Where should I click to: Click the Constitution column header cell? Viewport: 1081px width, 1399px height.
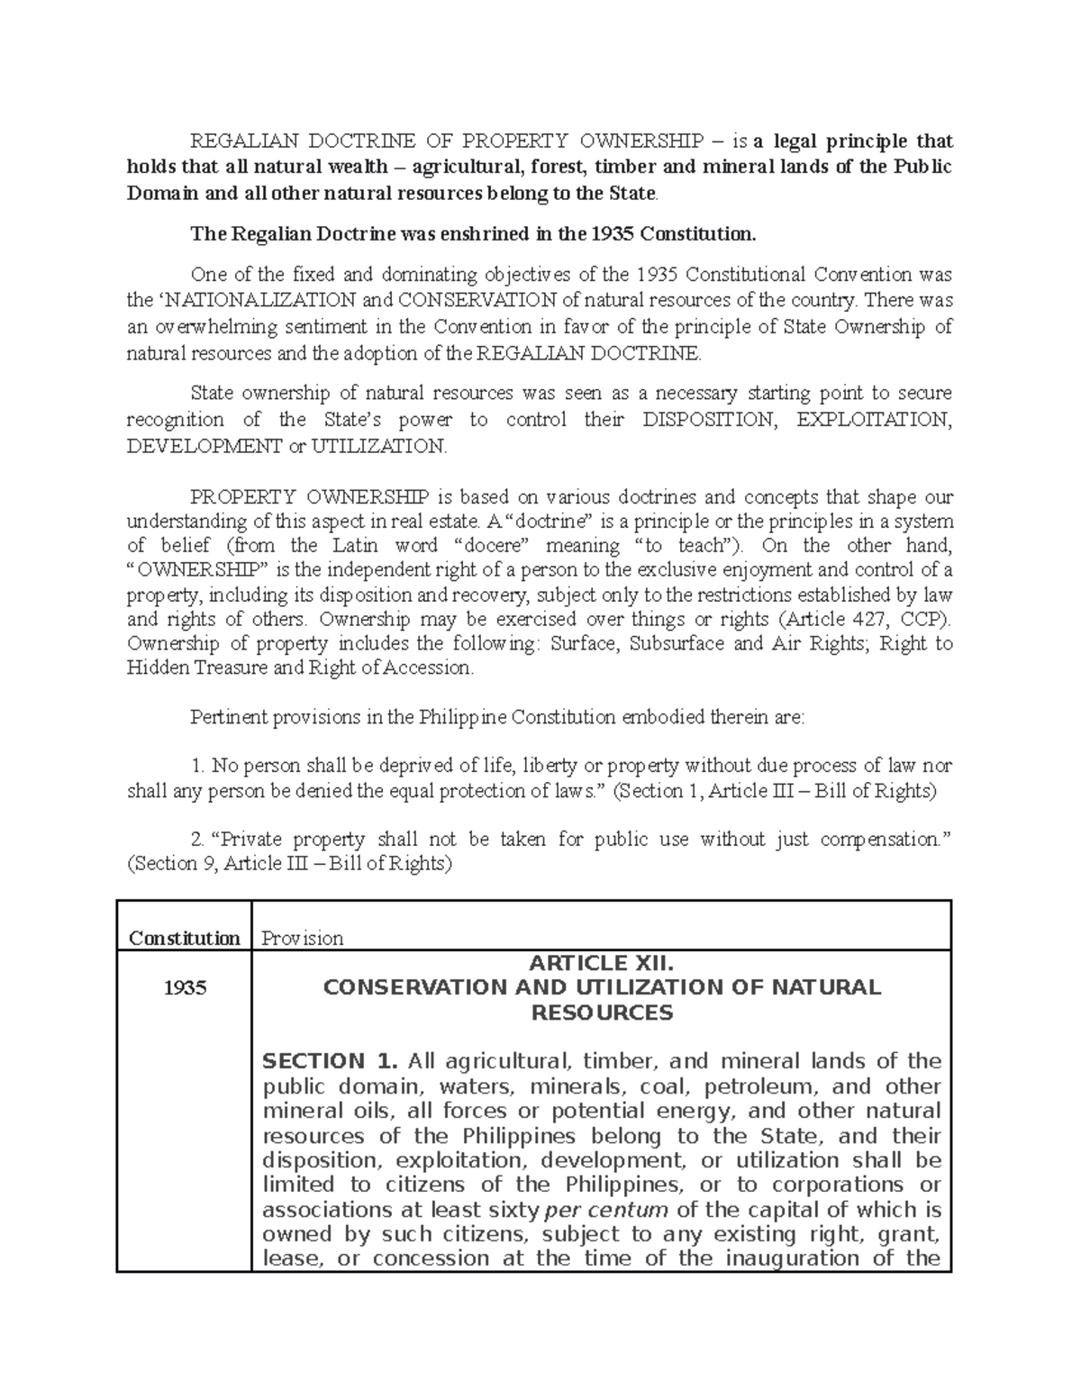click(184, 938)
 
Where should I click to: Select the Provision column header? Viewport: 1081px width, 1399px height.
click(302, 938)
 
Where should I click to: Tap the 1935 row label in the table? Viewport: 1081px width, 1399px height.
click(184, 987)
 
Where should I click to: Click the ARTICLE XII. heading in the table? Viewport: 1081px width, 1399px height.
click(601, 963)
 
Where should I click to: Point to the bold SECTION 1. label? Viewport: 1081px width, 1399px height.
click(313, 1061)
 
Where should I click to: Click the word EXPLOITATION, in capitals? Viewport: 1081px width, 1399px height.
click(875, 420)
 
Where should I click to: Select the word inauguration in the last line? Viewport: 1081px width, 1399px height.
click(790, 1258)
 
